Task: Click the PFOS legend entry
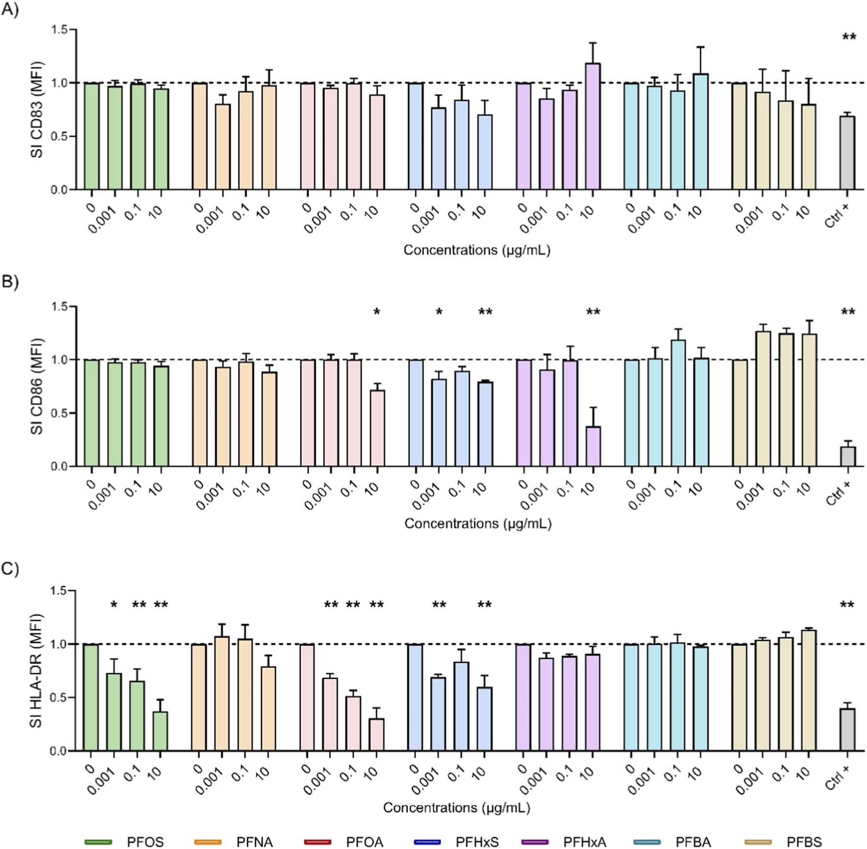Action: click(x=145, y=842)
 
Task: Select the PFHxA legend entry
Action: click(x=584, y=842)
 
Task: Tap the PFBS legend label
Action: click(x=804, y=842)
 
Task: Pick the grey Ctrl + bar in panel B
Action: click(x=848, y=457)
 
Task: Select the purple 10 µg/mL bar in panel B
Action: click(x=593, y=446)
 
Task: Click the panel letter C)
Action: click(x=10, y=569)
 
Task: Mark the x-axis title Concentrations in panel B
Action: click(x=478, y=524)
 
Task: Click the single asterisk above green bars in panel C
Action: click(x=114, y=605)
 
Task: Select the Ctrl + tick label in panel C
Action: click(x=837, y=777)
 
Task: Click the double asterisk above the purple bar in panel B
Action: click(x=593, y=312)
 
